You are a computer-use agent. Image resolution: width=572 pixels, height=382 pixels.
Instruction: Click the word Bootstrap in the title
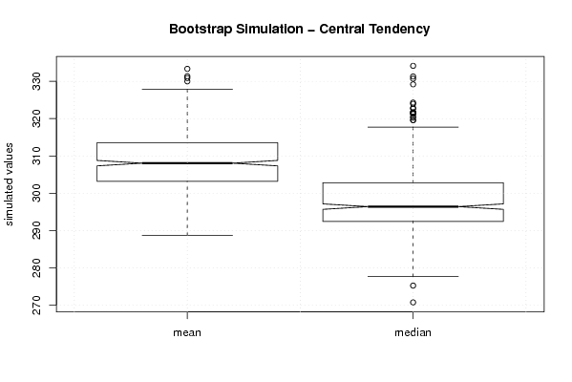pyautogui.click(x=200, y=30)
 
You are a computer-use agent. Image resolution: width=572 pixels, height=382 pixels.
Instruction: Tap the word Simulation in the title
pyautogui.click(x=269, y=29)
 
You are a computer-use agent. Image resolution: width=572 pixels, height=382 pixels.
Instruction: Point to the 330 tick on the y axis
pyautogui.click(x=37, y=81)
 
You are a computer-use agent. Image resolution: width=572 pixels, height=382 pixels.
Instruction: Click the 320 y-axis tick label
pyautogui.click(x=37, y=118)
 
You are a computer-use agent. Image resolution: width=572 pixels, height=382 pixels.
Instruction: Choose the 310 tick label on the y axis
pyautogui.click(x=37, y=157)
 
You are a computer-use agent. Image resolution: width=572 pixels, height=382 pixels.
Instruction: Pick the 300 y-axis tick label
pyautogui.click(x=37, y=193)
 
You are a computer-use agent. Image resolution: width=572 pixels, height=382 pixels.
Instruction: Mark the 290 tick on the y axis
pyautogui.click(x=37, y=230)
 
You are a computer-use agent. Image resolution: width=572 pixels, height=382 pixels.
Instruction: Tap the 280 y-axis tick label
pyautogui.click(x=37, y=267)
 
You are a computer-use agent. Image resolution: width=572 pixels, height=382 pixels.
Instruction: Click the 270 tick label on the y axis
pyautogui.click(x=37, y=305)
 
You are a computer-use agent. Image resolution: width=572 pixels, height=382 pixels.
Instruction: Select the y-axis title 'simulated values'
pyautogui.click(x=9, y=184)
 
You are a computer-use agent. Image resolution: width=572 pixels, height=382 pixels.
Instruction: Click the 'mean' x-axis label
pyautogui.click(x=187, y=332)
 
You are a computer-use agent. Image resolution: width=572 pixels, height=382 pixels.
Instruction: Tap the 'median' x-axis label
pyautogui.click(x=413, y=332)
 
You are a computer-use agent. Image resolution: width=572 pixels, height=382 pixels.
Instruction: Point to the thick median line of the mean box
pyautogui.click(x=187, y=163)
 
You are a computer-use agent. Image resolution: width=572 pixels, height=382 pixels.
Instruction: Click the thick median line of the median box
pyautogui.click(x=413, y=206)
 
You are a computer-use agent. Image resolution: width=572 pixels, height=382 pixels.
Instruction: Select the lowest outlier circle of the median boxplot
pyautogui.click(x=413, y=303)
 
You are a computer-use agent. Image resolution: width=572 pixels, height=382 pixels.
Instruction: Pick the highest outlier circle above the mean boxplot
pyautogui.click(x=187, y=69)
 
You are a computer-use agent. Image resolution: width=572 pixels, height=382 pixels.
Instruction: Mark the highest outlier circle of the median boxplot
pyautogui.click(x=413, y=66)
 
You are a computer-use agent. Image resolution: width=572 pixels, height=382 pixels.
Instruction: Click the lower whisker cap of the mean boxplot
pyautogui.click(x=187, y=235)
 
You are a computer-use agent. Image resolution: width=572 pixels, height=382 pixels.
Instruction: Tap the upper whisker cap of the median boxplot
pyautogui.click(x=413, y=127)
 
